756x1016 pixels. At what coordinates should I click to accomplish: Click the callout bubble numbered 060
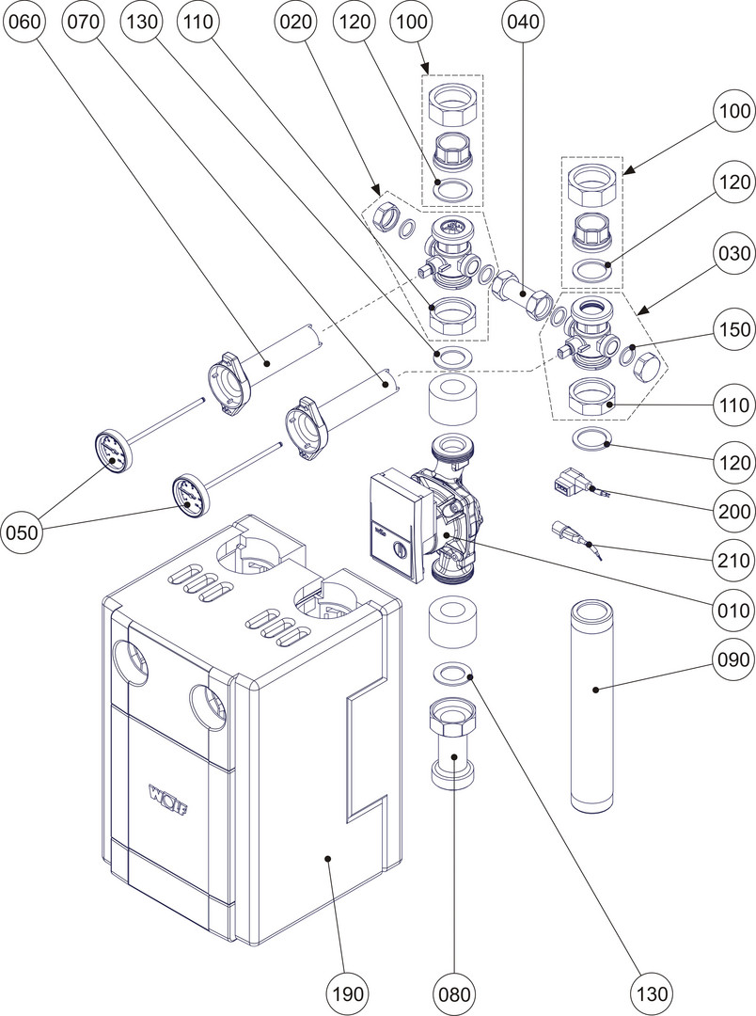pos(25,25)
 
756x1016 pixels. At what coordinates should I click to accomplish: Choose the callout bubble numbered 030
pos(731,254)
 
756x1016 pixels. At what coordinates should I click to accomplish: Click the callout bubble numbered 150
pos(731,330)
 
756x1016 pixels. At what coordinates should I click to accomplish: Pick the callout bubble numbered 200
pos(731,512)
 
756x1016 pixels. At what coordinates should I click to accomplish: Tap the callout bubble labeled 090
pos(731,659)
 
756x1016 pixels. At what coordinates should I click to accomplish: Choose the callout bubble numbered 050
pos(25,532)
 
